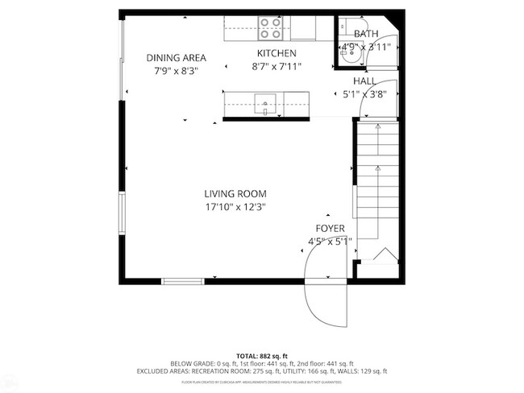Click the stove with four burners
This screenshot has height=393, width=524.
click(x=272, y=29)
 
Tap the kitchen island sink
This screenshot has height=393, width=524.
click(x=265, y=102)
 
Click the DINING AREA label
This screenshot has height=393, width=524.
click(x=176, y=57)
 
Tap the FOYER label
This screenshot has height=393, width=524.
click(x=331, y=228)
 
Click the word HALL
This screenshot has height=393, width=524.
click(x=364, y=81)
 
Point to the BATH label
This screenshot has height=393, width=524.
click(x=366, y=34)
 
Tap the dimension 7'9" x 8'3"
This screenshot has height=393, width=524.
click(x=176, y=70)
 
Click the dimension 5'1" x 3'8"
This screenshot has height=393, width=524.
click(x=364, y=94)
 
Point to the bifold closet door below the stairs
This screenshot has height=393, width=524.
click(x=384, y=255)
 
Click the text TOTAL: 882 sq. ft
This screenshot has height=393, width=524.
click(x=261, y=355)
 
